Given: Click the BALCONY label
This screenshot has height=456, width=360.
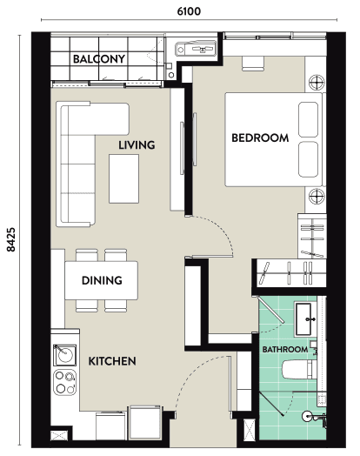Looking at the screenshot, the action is coord(99,59).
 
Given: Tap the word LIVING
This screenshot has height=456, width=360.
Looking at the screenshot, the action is coord(137,144).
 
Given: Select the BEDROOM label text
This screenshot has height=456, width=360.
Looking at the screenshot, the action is coord(260,137).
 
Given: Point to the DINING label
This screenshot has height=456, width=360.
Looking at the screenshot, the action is coord(102,280).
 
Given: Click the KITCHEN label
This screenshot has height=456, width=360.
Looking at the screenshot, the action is coord(112,361).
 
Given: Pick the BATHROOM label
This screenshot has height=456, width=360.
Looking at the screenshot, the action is coord(285,349).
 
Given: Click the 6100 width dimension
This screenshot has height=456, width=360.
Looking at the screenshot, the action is coord(189,11).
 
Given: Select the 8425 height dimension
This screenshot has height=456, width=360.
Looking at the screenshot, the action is coord(11,239).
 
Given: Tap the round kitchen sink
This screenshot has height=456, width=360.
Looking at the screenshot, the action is coord(65,355).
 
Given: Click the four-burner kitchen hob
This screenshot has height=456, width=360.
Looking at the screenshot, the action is coord(65,382).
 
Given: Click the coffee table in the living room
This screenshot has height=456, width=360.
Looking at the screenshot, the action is coord(123,179).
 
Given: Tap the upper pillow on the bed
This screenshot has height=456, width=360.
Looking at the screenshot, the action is coord(309,119).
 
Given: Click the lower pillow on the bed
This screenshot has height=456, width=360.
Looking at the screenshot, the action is coord(309,159).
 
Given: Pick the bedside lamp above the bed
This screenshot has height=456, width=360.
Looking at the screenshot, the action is coord(317,83).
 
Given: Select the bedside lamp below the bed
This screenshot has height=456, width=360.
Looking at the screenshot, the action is coord(317,196).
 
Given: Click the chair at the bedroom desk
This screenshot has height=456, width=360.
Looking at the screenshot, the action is coord(253,64).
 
